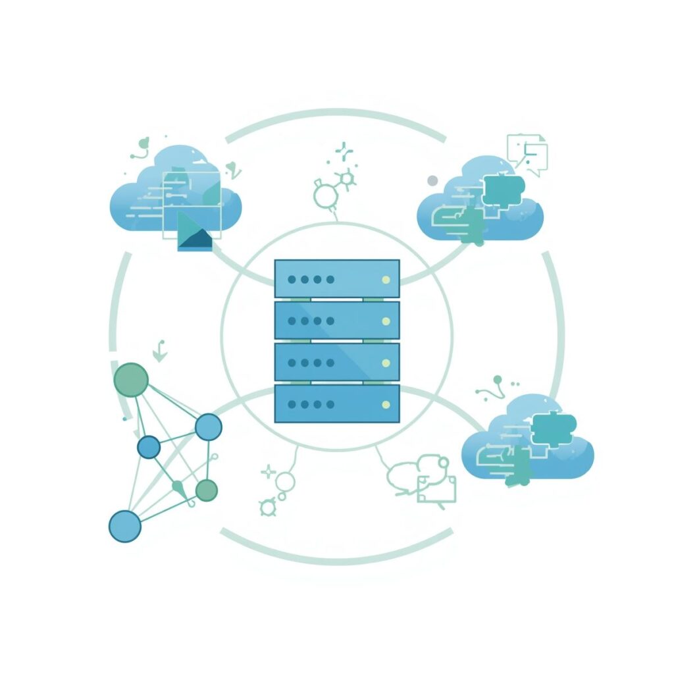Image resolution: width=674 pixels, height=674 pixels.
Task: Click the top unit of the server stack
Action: [336, 278]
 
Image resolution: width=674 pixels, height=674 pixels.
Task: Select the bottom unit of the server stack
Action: [336, 403]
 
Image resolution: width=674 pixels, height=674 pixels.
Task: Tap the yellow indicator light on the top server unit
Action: [386, 280]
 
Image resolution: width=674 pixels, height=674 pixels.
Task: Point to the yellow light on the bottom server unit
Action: [386, 404]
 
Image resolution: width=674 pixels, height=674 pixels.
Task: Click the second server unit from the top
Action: [336, 320]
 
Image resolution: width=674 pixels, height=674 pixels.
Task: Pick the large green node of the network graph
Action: [130, 380]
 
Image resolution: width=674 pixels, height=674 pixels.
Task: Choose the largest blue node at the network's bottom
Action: [124, 526]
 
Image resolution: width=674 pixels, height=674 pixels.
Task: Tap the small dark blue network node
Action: [149, 448]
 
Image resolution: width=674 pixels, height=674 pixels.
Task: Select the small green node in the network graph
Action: [206, 489]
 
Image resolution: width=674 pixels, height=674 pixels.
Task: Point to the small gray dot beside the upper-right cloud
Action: [432, 180]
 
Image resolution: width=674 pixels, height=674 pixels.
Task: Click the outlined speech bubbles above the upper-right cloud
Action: [528, 154]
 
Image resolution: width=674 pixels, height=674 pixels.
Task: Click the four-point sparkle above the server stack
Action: [344, 151]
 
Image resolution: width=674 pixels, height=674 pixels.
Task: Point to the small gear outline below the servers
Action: [268, 507]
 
